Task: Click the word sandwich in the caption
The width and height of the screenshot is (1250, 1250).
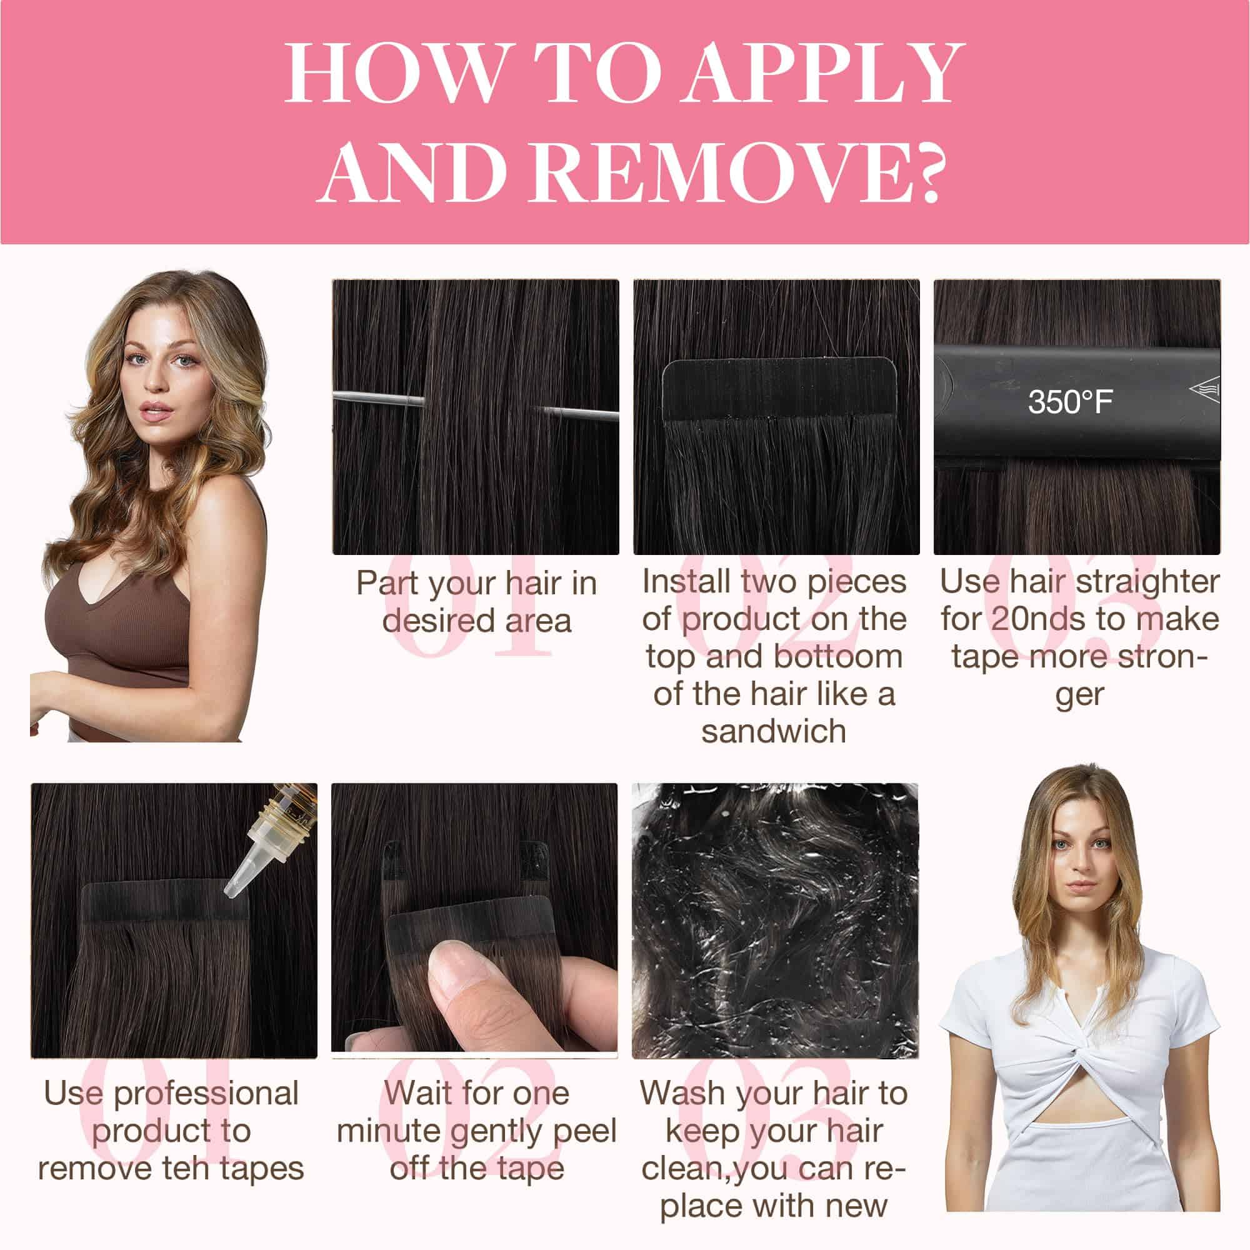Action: [x=774, y=732]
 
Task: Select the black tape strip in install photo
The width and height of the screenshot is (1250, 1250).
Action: [x=779, y=389]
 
